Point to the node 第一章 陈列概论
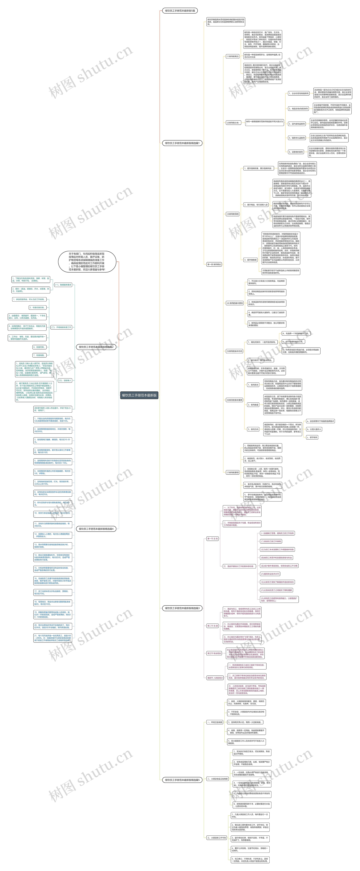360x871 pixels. [214, 264]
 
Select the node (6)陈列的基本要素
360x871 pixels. [234, 400]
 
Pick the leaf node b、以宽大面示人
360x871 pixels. [314, 429]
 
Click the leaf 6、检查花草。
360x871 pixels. [39, 347]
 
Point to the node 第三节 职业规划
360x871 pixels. [214, 653]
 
